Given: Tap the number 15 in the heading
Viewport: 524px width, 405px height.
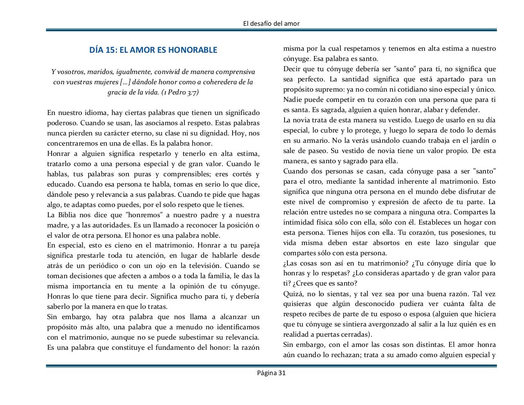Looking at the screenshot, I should (x=110, y=50).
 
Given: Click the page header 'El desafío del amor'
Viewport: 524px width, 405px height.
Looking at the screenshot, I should (x=271, y=23).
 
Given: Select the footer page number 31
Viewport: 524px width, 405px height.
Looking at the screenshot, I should (x=281, y=373).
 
